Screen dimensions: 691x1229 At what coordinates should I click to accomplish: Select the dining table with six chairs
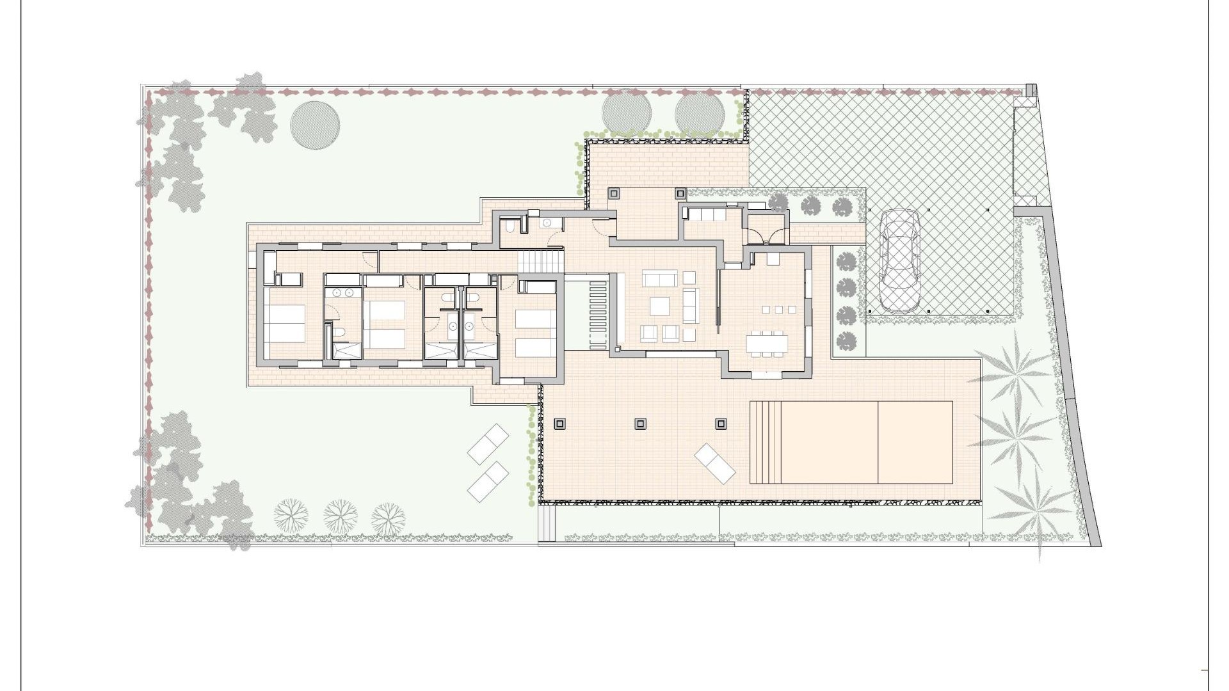767,343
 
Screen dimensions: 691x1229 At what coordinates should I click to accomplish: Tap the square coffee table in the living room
660,306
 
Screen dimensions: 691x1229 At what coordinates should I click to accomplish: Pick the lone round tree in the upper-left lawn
315,125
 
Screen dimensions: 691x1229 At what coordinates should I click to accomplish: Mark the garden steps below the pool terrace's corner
547,523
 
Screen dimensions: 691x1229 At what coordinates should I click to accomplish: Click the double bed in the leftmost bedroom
283,323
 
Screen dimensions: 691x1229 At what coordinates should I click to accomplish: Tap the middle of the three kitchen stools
778,310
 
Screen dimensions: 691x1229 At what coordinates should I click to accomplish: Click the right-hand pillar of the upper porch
680,192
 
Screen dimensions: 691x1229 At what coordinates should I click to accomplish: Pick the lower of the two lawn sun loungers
488,481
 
